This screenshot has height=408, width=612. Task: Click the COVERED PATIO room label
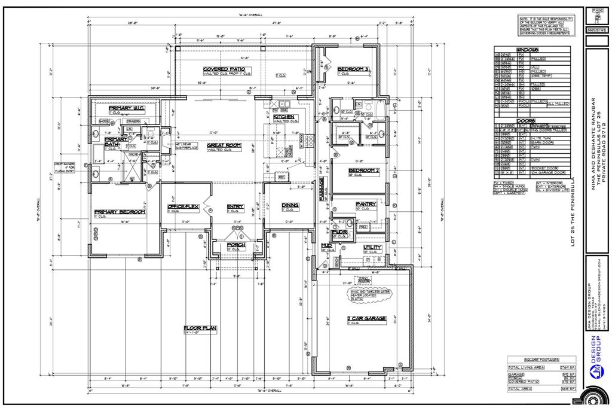[227, 69]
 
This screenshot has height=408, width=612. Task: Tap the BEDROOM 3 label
[352, 69]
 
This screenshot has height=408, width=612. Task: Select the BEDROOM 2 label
[364, 170]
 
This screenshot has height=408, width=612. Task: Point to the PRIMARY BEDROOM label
[120, 212]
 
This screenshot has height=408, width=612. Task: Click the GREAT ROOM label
[224, 145]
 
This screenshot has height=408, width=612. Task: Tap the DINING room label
[290, 206]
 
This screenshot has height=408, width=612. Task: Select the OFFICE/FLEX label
[182, 207]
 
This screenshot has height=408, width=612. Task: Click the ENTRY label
[235, 207]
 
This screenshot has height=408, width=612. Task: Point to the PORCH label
[236, 245]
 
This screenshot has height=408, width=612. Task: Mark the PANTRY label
[366, 204]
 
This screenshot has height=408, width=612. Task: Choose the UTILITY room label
[372, 247]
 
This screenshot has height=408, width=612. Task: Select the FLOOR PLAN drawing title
[200, 328]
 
